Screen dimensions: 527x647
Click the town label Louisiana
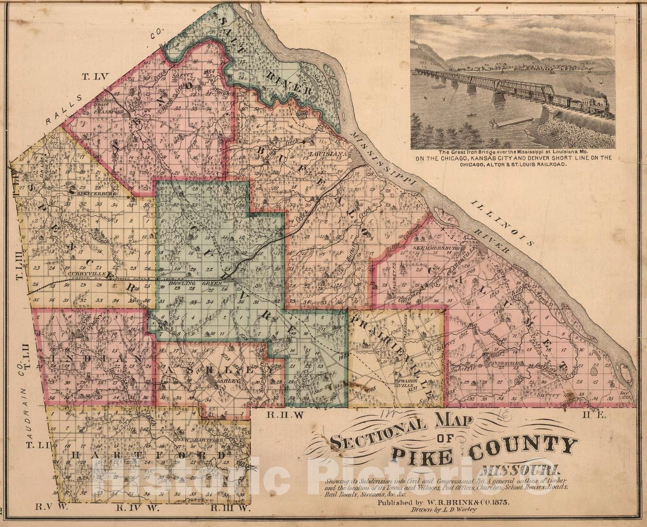pyautogui.click(x=328, y=155)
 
